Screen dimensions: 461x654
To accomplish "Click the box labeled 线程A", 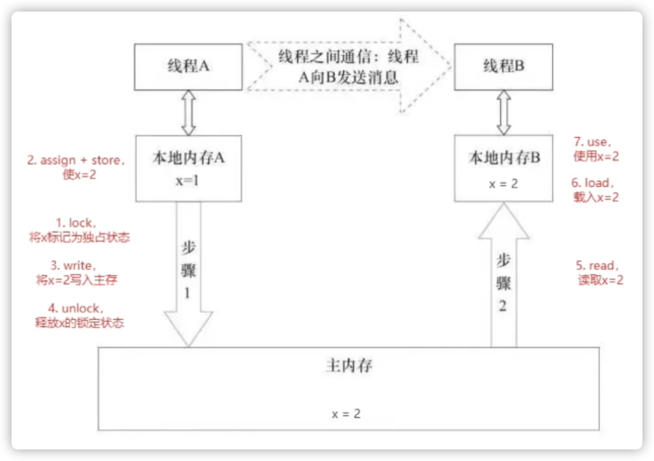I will [188, 67].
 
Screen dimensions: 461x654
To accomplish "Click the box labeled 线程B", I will [503, 67].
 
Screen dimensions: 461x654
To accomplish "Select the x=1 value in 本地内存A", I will [188, 181].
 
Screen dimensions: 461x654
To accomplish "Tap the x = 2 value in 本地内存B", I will [503, 184].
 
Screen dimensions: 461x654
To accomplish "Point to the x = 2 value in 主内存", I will [346, 414].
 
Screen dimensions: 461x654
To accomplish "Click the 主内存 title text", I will [349, 366].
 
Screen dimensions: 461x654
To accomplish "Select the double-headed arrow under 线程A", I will [189, 113].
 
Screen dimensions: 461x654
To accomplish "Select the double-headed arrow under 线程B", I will [504, 113].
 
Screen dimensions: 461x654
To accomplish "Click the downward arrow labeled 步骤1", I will [188, 272].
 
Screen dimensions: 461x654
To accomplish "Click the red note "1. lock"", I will [79, 230].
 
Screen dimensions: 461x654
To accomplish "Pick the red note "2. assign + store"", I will [76, 167].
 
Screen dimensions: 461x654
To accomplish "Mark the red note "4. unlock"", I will [79, 315].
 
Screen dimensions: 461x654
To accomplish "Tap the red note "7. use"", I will [596, 149].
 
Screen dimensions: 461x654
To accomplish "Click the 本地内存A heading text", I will [189, 158].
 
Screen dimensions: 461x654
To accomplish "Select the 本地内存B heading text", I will [504, 158].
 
